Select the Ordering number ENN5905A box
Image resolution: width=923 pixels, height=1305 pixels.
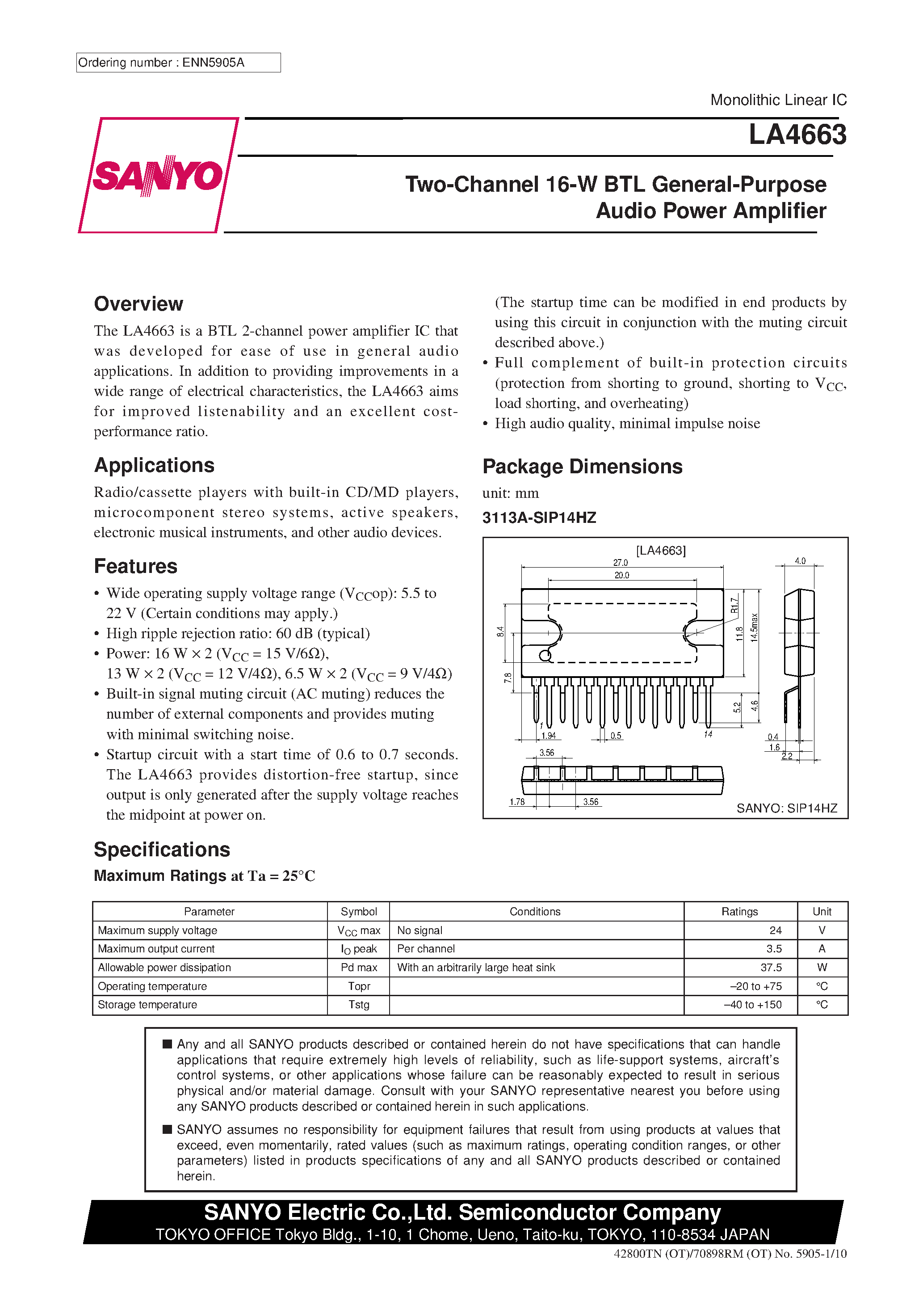coord(178,63)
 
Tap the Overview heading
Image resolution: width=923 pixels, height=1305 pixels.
coord(138,304)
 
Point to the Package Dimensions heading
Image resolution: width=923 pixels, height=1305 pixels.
coord(582,467)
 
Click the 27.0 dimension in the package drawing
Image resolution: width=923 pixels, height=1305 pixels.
coord(620,563)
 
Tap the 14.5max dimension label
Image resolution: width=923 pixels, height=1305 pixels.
coord(754,627)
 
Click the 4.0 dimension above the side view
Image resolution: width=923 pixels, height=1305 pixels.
coord(800,561)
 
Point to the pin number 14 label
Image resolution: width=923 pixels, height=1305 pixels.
coord(708,734)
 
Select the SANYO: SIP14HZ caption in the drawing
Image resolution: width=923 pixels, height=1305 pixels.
coord(787,808)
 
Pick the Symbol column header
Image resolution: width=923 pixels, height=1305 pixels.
coord(359,912)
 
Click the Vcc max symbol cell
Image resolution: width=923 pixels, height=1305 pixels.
coord(359,930)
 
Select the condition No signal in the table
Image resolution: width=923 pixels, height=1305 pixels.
coord(420,930)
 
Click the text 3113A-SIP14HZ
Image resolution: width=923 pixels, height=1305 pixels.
coord(539,518)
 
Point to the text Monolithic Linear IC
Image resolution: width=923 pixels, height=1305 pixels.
coord(778,100)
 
